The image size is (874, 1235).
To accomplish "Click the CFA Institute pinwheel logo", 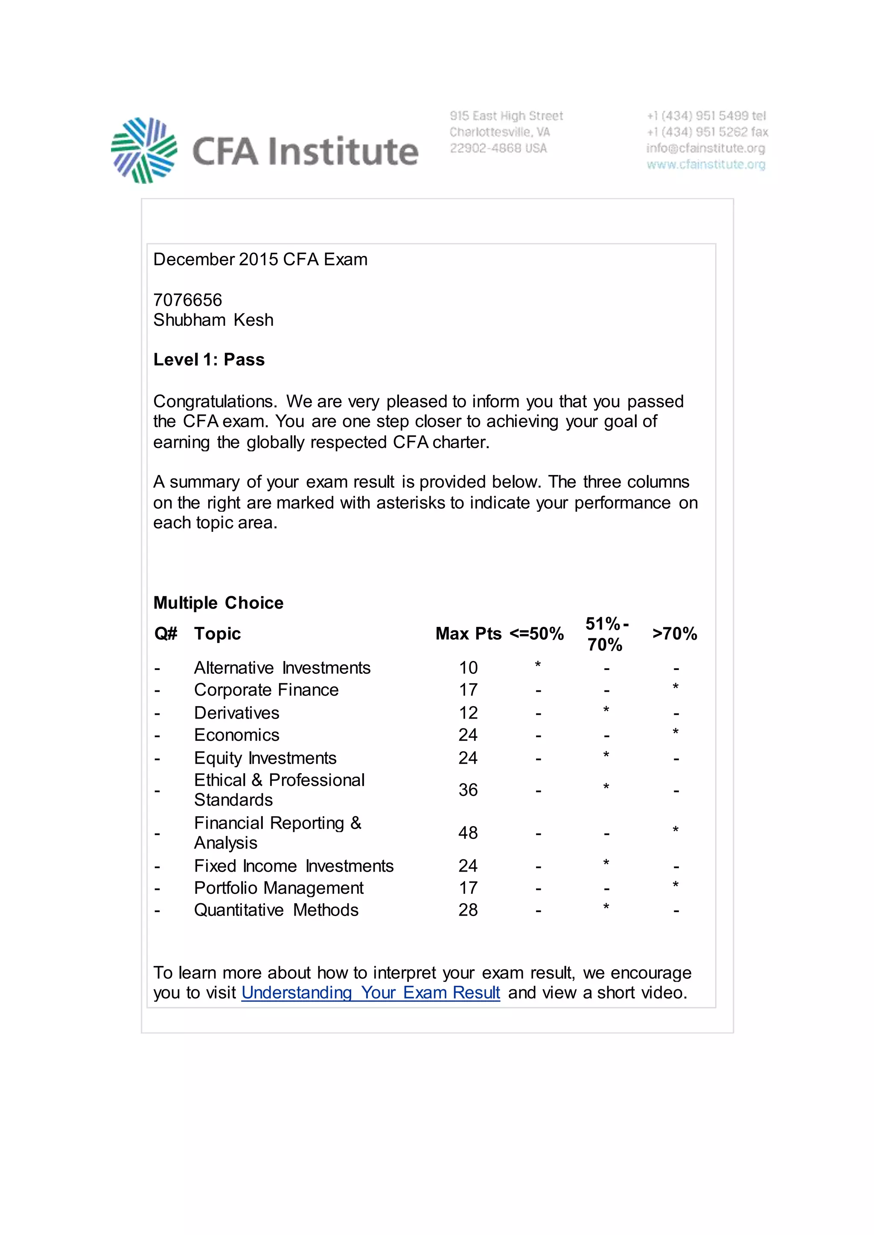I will (x=144, y=151).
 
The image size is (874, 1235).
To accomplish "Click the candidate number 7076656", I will (x=187, y=300).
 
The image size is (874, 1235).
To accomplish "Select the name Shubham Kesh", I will (x=213, y=320).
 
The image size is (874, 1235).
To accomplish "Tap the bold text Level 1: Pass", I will (x=209, y=359).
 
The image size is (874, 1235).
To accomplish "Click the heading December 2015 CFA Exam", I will (x=260, y=259).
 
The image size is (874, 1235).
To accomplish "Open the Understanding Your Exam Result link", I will (x=370, y=992).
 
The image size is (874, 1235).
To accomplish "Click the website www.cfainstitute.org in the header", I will (x=705, y=164).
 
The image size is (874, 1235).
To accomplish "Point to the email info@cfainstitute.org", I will (x=705, y=148).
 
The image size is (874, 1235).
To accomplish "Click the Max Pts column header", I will (x=468, y=634).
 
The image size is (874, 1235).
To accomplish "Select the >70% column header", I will (x=674, y=634).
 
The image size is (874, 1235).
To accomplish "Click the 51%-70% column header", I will (x=606, y=634).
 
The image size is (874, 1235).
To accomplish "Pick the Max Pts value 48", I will (x=468, y=833).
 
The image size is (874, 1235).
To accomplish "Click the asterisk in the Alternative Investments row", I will (x=538, y=665).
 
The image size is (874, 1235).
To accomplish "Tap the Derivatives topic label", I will (x=236, y=713).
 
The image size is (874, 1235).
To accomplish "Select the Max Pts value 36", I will (x=468, y=790).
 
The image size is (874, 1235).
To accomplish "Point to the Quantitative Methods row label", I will (x=276, y=910).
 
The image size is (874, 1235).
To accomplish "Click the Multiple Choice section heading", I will (x=218, y=603).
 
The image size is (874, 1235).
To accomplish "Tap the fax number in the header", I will (x=707, y=132).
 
